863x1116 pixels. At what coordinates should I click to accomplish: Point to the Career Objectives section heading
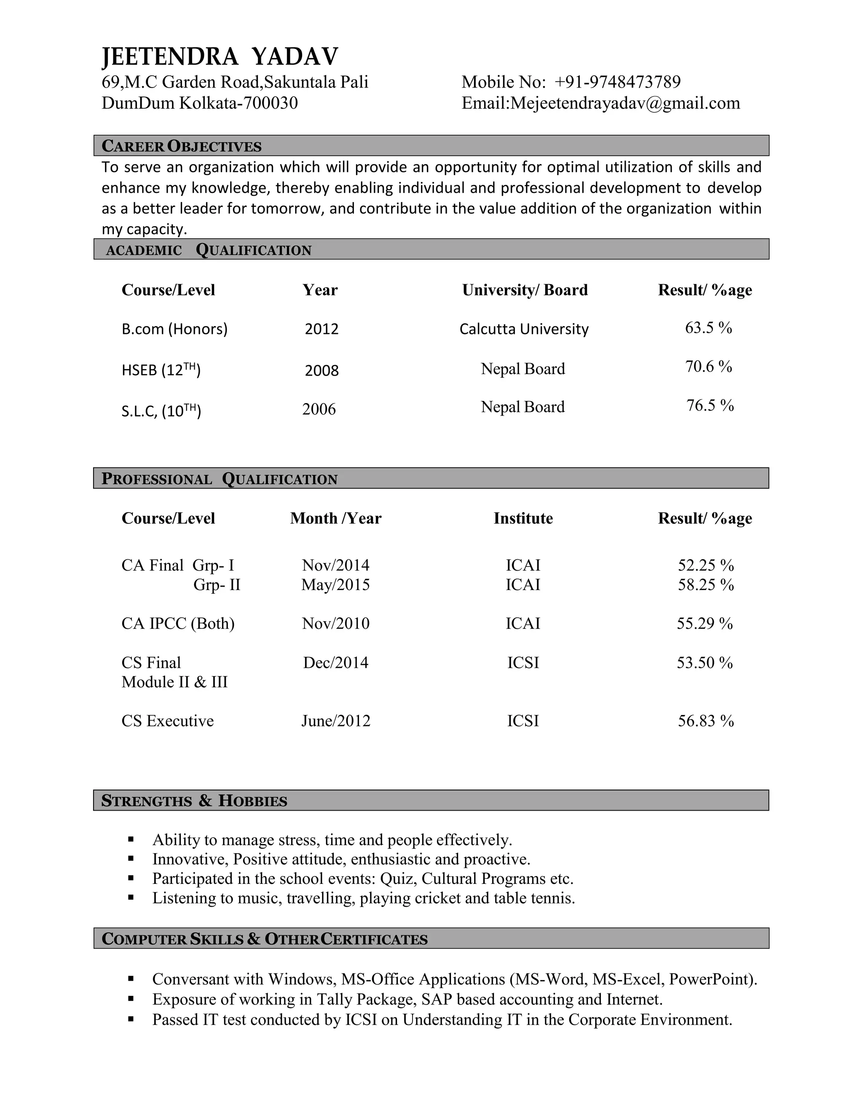pyautogui.click(x=182, y=146)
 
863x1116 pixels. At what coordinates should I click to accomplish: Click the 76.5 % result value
pyautogui.click(x=710, y=405)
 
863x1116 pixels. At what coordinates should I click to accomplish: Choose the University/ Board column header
pyautogui.click(x=525, y=290)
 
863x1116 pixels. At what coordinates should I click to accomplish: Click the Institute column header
pyautogui.click(x=523, y=518)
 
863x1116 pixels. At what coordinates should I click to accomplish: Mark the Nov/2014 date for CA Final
pyautogui.click(x=335, y=565)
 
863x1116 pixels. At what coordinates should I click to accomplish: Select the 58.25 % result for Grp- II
pyautogui.click(x=705, y=585)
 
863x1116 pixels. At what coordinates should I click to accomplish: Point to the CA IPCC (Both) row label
pyautogui.click(x=178, y=623)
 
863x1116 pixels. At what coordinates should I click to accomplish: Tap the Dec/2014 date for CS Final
pyautogui.click(x=335, y=663)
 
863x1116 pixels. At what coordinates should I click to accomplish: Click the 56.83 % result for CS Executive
pyautogui.click(x=705, y=721)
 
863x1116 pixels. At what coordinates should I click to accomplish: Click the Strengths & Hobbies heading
pyautogui.click(x=194, y=801)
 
